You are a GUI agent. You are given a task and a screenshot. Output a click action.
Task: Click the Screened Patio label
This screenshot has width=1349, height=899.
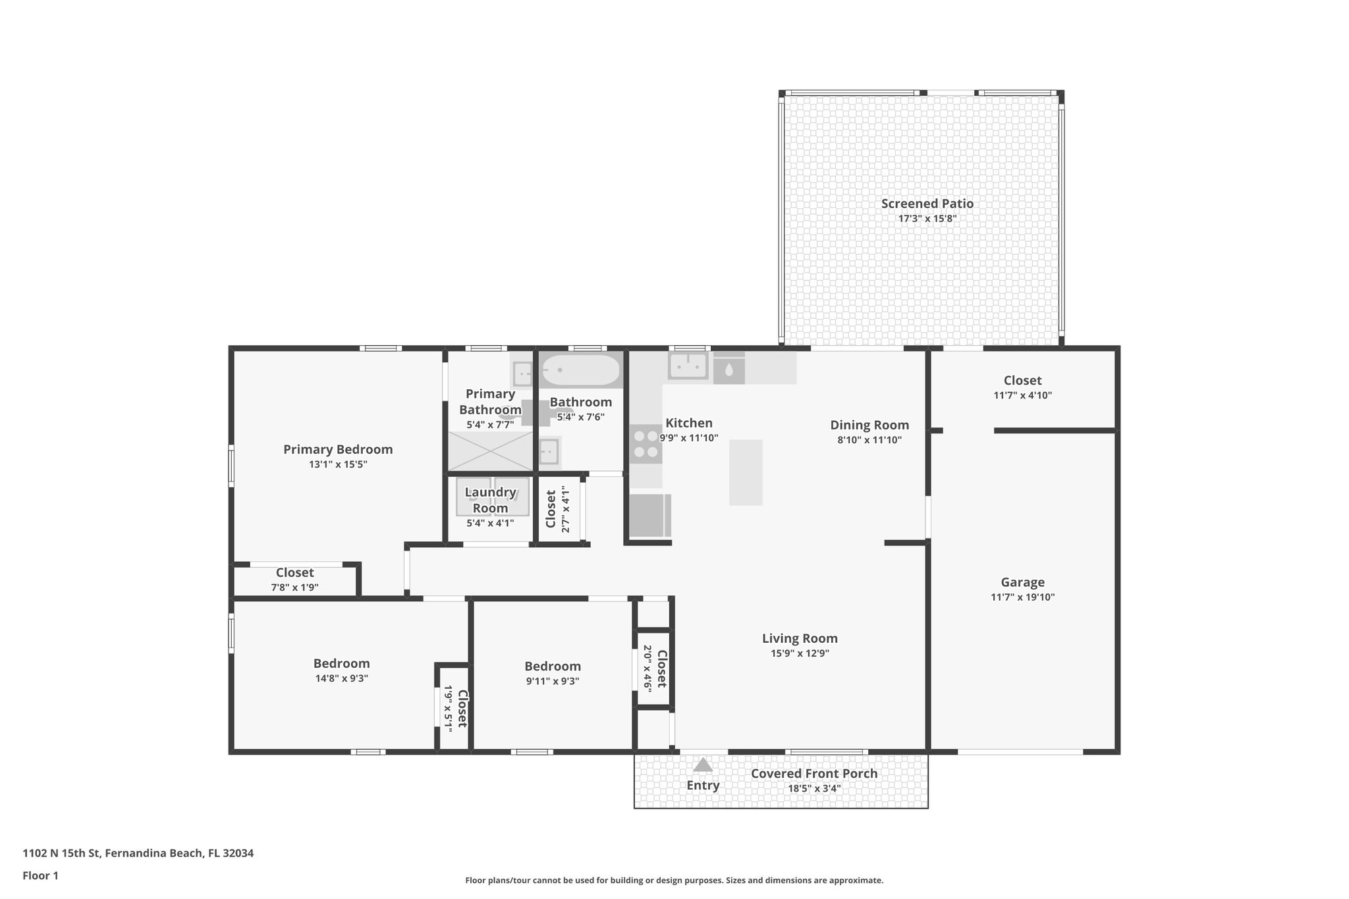coord(927,204)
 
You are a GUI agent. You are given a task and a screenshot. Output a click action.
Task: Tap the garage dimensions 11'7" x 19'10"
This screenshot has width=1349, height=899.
coord(1022,597)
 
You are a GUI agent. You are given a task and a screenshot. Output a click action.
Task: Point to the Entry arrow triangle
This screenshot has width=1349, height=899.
coord(703,765)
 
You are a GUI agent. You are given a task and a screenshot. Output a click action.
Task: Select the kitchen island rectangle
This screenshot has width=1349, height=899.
coord(746,472)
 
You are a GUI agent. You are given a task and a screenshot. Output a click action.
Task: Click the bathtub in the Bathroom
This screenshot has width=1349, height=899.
coord(580,371)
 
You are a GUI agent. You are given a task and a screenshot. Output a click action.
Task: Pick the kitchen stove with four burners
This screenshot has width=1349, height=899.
coord(646,444)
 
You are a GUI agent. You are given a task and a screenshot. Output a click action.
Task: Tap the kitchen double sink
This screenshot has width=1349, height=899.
coord(688,366)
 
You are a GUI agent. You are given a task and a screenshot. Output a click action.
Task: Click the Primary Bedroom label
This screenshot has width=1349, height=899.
coord(338,449)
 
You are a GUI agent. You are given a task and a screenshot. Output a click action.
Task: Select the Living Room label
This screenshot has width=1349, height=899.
coord(800,638)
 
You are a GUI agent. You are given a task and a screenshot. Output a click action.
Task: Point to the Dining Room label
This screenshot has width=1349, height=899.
coord(869,425)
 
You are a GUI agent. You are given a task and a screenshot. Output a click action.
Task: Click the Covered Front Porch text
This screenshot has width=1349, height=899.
coord(814,773)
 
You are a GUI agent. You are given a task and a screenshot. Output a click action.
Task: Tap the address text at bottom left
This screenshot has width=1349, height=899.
coord(138,853)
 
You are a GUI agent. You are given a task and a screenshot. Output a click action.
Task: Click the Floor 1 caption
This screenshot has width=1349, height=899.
coord(40,875)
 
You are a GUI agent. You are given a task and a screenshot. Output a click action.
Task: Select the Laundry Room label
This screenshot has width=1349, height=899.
coord(490,500)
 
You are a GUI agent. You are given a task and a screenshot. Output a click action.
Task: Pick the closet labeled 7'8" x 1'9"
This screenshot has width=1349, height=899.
coord(294,580)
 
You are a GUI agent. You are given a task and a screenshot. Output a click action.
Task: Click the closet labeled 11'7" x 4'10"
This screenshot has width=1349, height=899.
coord(1022,387)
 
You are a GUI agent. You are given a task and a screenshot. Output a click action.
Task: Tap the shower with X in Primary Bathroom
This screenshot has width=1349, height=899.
coord(490,451)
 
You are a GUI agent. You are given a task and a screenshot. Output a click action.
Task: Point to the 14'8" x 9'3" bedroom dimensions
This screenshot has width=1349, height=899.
coord(341,678)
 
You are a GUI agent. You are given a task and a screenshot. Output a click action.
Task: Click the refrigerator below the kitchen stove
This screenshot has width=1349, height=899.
coord(648,516)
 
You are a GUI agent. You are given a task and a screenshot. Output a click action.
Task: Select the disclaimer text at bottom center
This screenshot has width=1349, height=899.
coord(674,880)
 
